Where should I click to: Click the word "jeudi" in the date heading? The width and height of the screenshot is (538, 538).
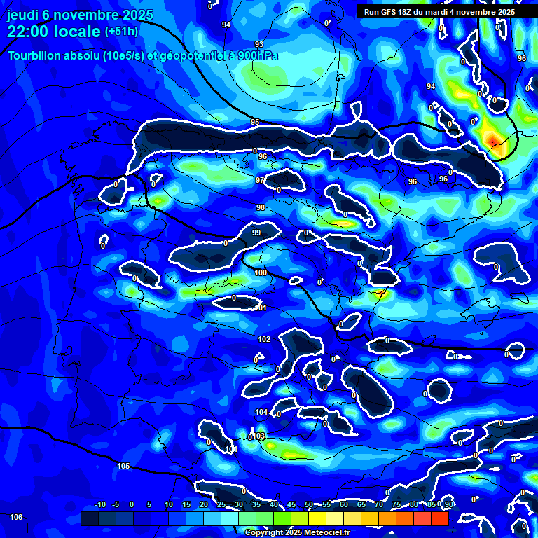25,15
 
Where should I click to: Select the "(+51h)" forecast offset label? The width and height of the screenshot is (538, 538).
121,31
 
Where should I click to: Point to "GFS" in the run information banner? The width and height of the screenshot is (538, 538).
387,12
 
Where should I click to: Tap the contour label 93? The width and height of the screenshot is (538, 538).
259,44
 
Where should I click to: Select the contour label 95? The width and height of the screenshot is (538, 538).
255,123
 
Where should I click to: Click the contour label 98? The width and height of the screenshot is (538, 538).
261,208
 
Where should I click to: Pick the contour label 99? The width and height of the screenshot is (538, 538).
256,233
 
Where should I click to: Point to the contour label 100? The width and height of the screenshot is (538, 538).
261,273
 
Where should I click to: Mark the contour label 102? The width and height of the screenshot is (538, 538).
264,339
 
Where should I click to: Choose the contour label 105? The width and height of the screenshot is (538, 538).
123,466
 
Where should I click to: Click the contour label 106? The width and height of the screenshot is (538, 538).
16,517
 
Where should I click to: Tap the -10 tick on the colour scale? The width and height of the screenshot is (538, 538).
99,505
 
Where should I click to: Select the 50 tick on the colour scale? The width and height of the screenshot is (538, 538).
309,505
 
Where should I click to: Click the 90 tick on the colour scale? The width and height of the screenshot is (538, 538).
448,505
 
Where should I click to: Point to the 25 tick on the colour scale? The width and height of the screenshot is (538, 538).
221,505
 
